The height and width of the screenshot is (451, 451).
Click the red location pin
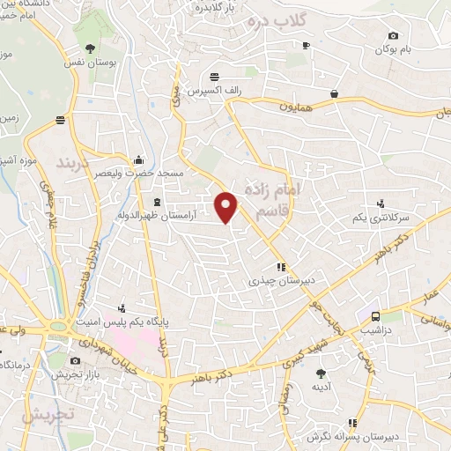[x=227, y=206]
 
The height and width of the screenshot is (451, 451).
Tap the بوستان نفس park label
[x=88, y=63]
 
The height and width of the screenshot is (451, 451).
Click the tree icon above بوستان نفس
[x=89, y=48]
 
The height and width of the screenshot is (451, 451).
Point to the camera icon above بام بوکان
[x=393, y=35]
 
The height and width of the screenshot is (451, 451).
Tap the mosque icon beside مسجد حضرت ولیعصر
[x=138, y=160]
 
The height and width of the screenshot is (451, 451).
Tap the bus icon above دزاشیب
[x=375, y=315]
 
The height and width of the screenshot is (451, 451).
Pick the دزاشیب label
[x=375, y=331]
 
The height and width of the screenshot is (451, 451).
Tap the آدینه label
[x=319, y=387]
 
